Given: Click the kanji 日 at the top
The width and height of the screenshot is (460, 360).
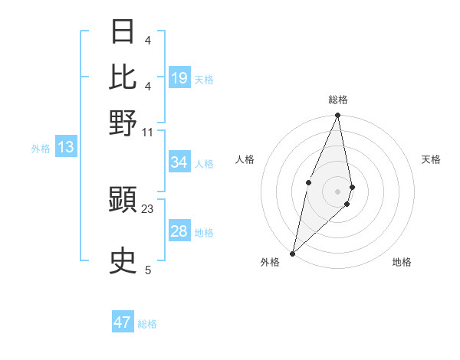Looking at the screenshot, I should pos(123,33).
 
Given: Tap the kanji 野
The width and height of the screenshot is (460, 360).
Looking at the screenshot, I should pos(123,123).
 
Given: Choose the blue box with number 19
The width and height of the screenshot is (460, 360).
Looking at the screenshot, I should pos(179,78).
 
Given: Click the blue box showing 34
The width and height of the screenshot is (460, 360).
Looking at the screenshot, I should pos(179,162).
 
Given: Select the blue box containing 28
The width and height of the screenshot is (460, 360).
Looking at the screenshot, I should pos(179,231).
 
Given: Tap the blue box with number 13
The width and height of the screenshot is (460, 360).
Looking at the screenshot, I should pos(65,147).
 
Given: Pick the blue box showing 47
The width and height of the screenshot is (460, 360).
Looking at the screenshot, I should pos(123,322).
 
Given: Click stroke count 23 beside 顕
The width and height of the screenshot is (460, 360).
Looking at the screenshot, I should pos(148,209).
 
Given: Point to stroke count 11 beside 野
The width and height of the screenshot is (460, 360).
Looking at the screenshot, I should pos(148,132).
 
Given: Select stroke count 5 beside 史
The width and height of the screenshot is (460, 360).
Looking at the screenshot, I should pos(148,270).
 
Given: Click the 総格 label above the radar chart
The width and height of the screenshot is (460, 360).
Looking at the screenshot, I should pos(337,100).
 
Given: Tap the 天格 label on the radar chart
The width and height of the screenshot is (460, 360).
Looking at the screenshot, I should pos(431,159).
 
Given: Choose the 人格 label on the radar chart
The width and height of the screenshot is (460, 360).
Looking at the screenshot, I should pos(245,159).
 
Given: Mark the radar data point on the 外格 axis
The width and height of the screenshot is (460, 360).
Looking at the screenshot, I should pos(292,254).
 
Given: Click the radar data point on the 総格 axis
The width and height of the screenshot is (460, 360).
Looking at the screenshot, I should pos(337,116).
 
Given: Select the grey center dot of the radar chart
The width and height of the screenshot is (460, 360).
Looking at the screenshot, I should pos(337,191).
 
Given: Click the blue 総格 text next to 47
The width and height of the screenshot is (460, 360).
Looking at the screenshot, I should pos(147,324).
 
